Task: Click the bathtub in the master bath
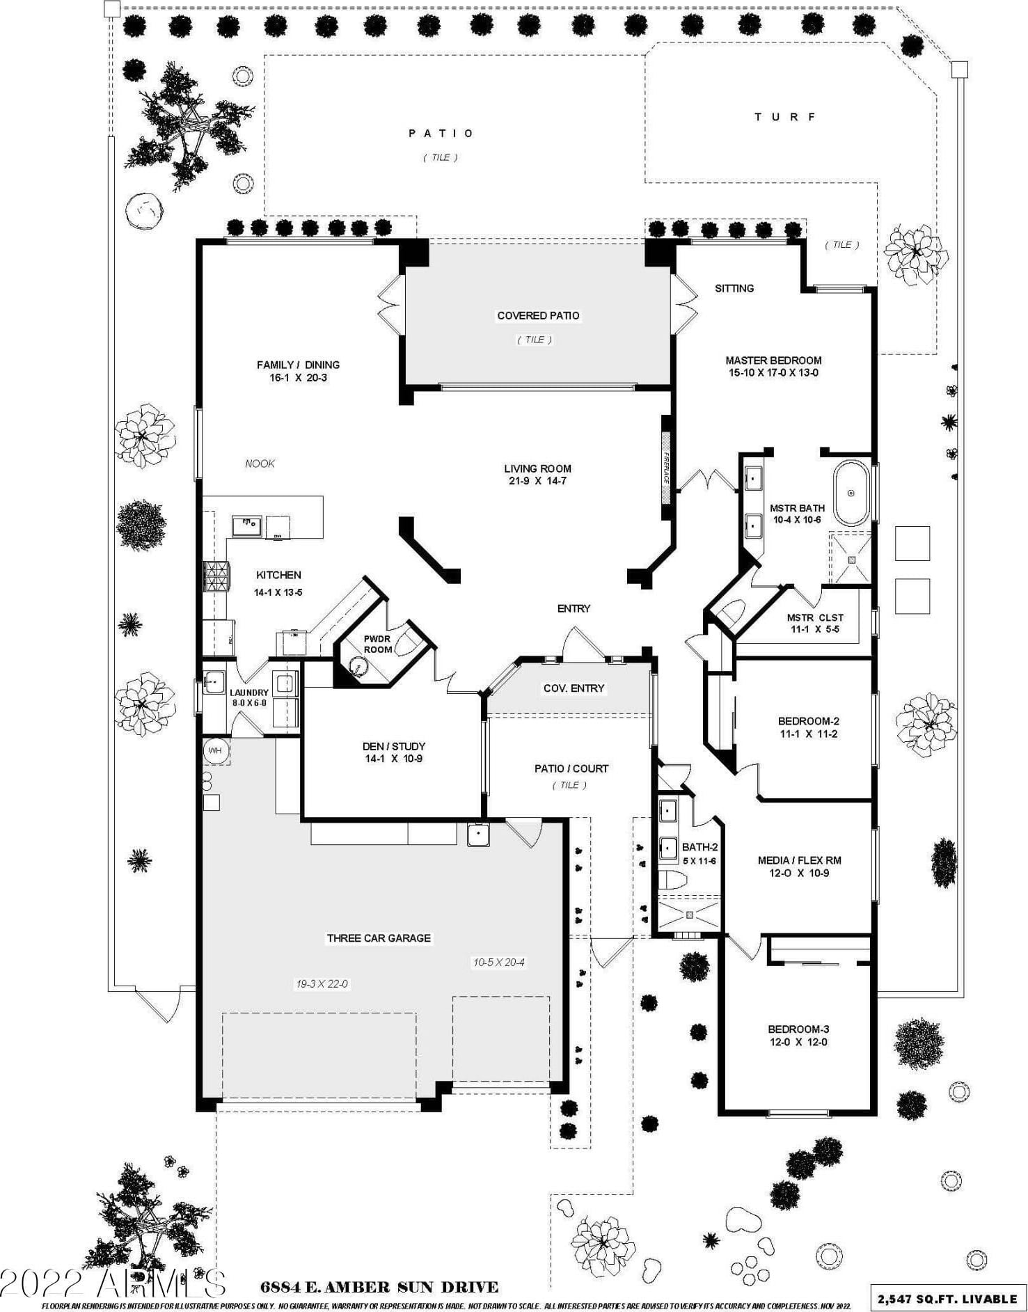(852, 493)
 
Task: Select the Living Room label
(537, 469)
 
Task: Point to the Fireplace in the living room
(665, 468)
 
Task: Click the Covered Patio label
(538, 316)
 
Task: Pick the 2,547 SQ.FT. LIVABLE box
(947, 1298)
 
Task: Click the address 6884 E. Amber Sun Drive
(379, 1287)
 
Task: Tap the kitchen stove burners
(216, 577)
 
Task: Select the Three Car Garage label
(379, 938)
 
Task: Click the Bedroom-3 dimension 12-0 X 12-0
(798, 1042)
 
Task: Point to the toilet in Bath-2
(672, 880)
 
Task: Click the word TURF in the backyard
(785, 117)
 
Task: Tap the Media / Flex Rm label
(793, 860)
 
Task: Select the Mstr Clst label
(815, 617)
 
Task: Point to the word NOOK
(260, 464)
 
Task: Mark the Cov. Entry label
(574, 688)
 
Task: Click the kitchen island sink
(246, 525)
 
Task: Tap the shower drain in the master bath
(851, 559)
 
